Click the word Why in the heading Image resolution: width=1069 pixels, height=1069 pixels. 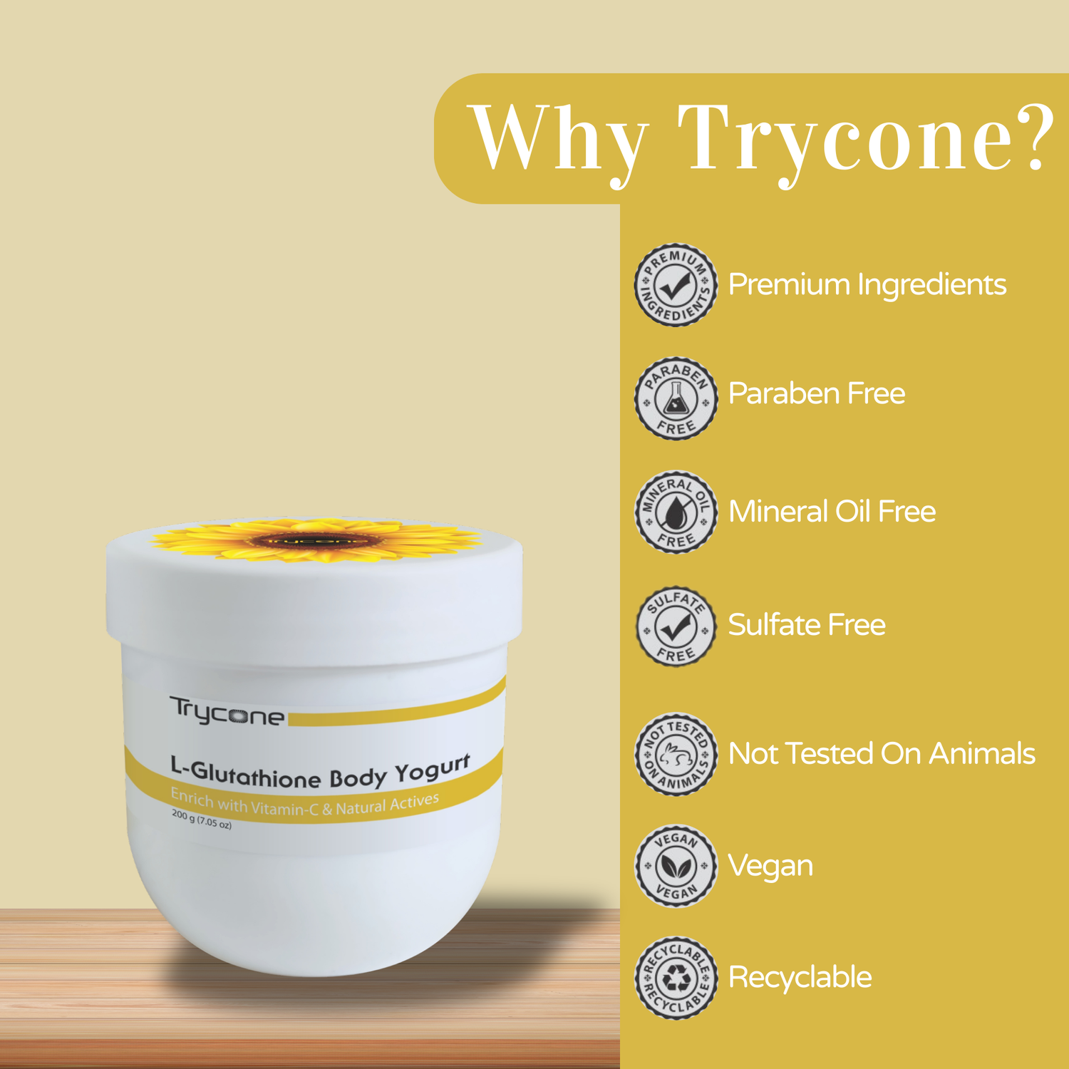point(560,139)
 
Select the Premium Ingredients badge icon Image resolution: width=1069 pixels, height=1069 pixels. point(676,285)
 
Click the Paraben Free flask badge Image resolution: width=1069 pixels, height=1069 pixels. point(676,398)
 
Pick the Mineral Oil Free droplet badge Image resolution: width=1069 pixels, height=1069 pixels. point(676,512)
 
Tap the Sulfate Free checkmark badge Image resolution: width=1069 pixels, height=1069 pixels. point(676,626)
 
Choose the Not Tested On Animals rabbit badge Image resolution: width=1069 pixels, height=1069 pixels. point(676,754)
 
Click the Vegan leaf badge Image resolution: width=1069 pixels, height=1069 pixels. point(676,866)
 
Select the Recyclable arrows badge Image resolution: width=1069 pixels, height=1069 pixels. point(676,978)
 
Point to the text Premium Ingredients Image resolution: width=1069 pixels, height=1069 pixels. point(867,285)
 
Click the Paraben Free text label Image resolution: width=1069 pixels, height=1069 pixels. point(817,393)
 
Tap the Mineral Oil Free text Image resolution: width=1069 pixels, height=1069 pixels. point(832,512)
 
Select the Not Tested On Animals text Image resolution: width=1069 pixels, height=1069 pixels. point(882,754)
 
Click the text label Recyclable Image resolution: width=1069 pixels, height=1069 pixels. point(800,977)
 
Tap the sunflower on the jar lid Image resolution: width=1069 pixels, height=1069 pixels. point(316,540)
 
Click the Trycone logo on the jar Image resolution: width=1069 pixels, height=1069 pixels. point(227,711)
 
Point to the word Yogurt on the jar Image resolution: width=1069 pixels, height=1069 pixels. point(433,770)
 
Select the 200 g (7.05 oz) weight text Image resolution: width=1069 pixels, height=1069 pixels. point(202,820)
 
